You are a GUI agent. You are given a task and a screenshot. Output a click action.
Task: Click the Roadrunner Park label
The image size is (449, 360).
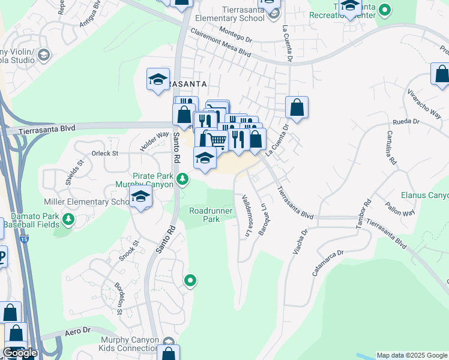(x=205, y=215)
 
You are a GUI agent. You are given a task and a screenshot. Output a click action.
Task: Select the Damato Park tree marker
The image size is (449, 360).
(x=68, y=219)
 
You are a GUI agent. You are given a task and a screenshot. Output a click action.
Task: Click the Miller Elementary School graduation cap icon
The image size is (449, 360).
(x=141, y=197)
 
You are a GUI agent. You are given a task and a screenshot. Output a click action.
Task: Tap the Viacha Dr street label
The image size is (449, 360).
(x=300, y=240)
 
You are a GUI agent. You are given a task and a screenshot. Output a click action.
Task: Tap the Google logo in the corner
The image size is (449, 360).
(x=19, y=353)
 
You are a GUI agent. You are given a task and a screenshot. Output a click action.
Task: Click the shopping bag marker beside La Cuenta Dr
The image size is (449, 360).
(x=297, y=108)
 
